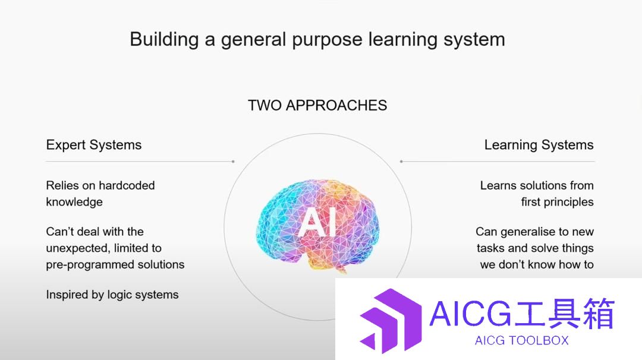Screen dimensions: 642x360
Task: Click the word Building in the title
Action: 164,40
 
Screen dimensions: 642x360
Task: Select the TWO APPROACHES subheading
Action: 317,105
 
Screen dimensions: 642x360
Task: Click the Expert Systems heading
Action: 94,145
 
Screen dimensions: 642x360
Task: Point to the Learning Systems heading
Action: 539,145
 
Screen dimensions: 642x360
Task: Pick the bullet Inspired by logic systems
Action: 112,295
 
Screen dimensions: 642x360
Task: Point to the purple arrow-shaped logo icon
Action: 391,321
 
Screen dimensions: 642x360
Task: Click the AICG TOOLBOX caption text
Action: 522,340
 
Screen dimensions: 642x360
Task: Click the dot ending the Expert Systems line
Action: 233,162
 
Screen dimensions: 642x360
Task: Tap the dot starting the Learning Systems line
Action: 401,162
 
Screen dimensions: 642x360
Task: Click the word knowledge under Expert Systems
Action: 74,202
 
